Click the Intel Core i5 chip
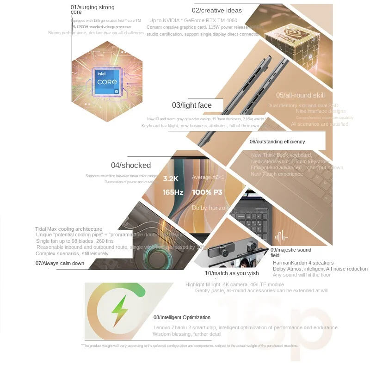click(107, 82)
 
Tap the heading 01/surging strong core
click(92, 10)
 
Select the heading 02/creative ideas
click(217, 11)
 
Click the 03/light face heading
click(191, 105)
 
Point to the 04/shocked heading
click(131, 165)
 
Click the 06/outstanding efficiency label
click(277, 142)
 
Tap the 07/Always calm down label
click(60, 263)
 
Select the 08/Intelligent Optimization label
click(182, 317)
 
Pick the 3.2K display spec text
click(171, 178)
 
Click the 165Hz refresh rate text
click(173, 192)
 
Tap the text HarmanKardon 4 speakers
click(303, 263)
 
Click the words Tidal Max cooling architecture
click(68, 229)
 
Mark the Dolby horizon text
click(210, 208)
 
